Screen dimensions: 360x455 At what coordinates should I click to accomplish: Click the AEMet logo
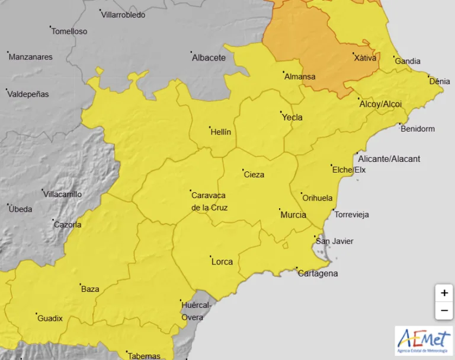424,340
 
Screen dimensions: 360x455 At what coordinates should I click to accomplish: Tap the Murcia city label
293,215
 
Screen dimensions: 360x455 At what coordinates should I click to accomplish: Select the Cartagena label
318,273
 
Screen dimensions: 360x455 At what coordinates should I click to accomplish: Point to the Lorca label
222,262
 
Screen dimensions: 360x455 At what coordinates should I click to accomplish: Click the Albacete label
209,58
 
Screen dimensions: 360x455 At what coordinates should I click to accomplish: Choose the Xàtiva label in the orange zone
365,58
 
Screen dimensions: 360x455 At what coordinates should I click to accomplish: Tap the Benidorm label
418,129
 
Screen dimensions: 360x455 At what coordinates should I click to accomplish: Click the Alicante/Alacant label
389,159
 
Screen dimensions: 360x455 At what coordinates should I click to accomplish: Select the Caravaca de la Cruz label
209,201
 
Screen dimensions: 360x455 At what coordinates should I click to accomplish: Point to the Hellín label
221,132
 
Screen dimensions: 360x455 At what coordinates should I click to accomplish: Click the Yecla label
292,117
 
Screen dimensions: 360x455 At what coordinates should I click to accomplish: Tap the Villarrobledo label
123,15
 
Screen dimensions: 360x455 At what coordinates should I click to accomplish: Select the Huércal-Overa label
193,311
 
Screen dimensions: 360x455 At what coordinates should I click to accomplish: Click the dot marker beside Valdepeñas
7,90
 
